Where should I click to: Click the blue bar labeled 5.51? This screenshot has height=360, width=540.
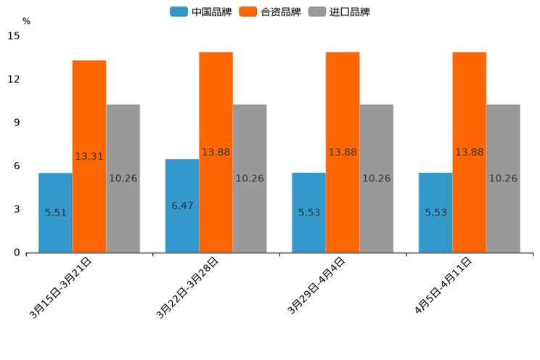pyautogui.click(x=55, y=213)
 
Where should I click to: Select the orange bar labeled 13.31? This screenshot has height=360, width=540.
pyautogui.click(x=89, y=156)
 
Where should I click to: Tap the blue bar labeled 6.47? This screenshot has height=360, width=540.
pyautogui.click(x=182, y=205)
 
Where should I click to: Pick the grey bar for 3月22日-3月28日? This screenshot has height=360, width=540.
pyautogui.click(x=250, y=179)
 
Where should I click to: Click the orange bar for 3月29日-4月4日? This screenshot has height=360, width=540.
pyautogui.click(x=343, y=152)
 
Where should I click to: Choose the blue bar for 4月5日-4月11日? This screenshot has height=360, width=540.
pyautogui.click(x=435, y=213)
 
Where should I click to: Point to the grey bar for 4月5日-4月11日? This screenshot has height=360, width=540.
pyautogui.click(x=503, y=179)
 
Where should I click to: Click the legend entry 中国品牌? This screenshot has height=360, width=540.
pyautogui.click(x=201, y=12)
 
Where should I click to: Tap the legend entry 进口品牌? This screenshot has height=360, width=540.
pyautogui.click(x=339, y=12)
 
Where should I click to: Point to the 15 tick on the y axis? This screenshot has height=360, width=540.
pyautogui.click(x=14, y=36)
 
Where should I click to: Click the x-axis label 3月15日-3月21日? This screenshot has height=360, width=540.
pyautogui.click(x=61, y=288)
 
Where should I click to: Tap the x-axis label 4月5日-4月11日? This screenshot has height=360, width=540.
pyautogui.click(x=443, y=286)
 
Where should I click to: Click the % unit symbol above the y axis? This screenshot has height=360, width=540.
pyautogui.click(x=26, y=21)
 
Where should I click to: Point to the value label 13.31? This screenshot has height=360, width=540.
pyautogui.click(x=89, y=156)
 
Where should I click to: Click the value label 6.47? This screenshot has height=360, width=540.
pyautogui.click(x=182, y=205)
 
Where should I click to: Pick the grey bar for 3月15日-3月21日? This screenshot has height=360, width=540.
pyautogui.click(x=123, y=179)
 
